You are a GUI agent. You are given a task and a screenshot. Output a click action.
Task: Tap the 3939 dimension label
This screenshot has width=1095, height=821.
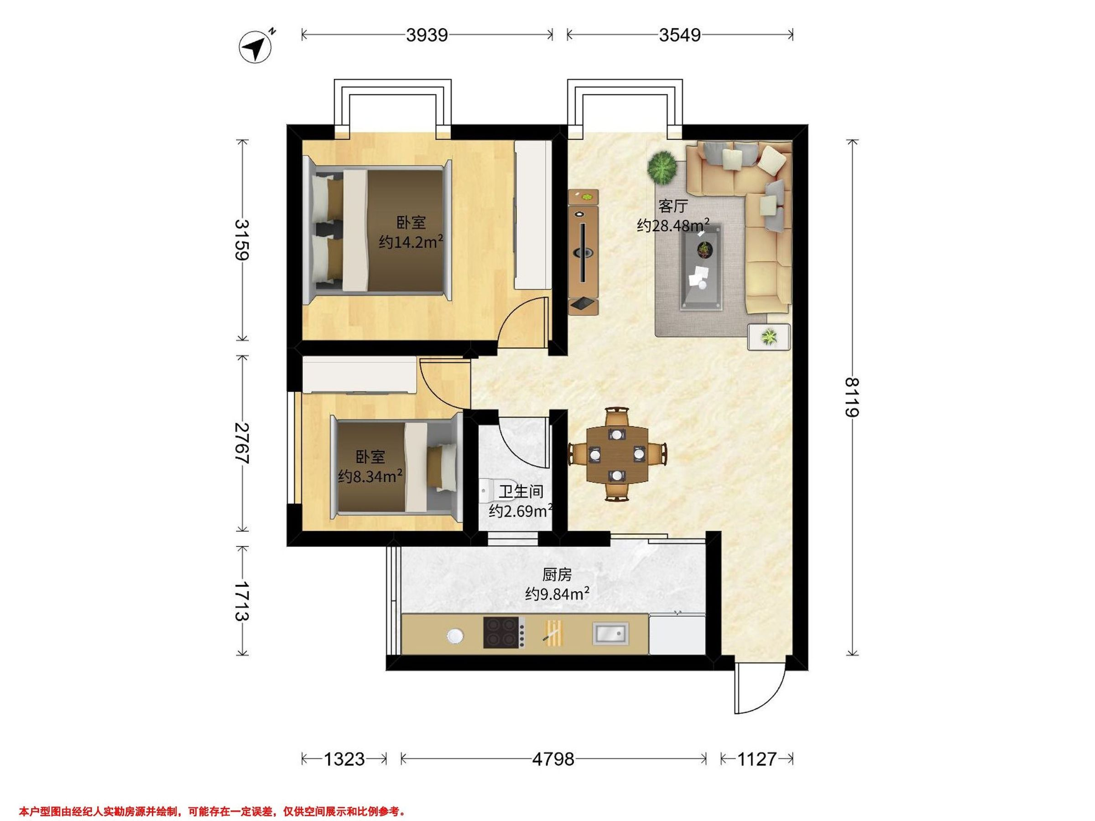(x=427, y=35)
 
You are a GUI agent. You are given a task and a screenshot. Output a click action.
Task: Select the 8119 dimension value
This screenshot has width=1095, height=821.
(x=851, y=398)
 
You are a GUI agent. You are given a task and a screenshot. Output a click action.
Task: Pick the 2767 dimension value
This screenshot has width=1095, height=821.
(x=242, y=443)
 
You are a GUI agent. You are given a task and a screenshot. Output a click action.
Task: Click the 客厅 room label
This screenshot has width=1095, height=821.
(x=673, y=206)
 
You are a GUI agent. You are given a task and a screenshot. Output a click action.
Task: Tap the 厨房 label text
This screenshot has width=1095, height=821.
(x=557, y=575)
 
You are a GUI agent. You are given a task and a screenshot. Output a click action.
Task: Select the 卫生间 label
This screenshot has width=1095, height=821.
(x=521, y=491)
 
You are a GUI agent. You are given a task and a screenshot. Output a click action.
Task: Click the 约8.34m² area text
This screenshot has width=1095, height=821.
(x=370, y=476)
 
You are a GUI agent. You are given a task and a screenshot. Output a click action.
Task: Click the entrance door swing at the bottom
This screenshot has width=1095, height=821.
(x=759, y=687)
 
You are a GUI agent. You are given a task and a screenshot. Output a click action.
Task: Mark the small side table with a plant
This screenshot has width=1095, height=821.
(x=769, y=337)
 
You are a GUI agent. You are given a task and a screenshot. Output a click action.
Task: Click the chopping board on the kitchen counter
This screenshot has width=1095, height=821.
(x=554, y=633)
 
